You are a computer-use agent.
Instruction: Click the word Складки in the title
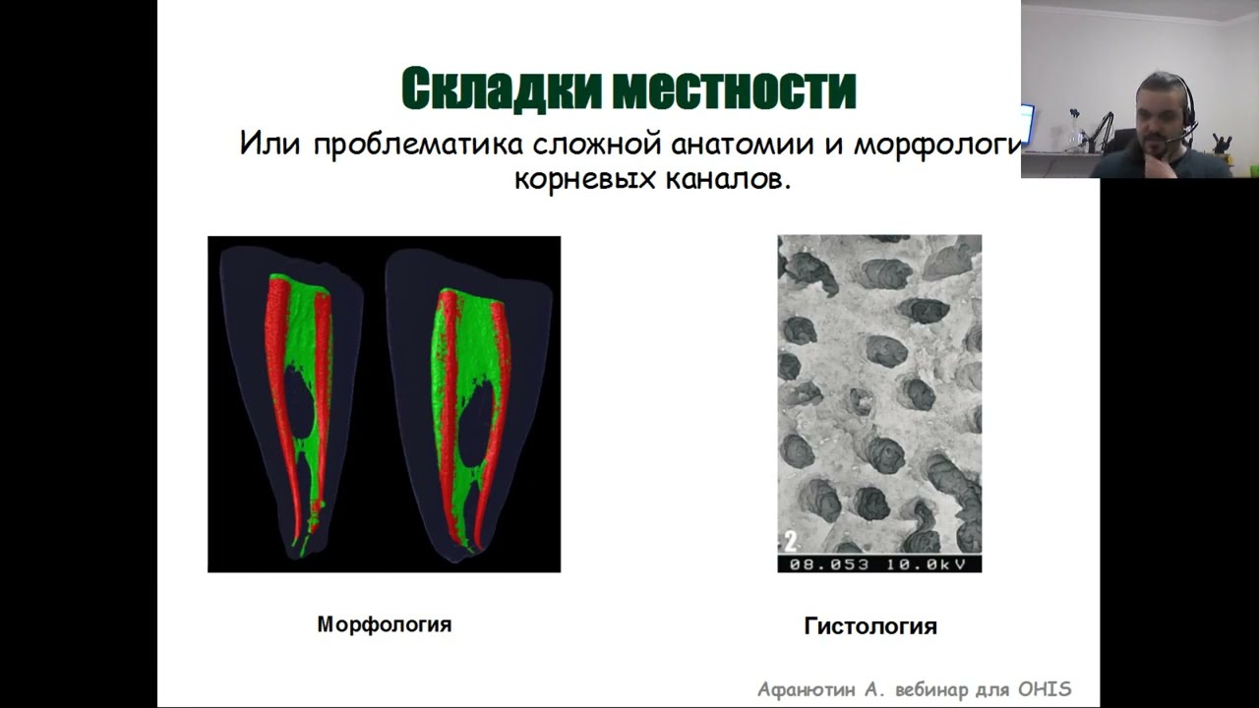click(503, 89)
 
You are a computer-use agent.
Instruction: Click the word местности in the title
click(735, 89)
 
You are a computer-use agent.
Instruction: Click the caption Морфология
click(384, 624)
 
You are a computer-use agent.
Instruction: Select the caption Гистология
click(870, 626)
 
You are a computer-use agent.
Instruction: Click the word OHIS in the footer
click(1044, 689)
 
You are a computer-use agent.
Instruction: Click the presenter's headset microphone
click(1172, 141)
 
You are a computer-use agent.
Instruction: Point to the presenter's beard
click(1156, 147)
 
